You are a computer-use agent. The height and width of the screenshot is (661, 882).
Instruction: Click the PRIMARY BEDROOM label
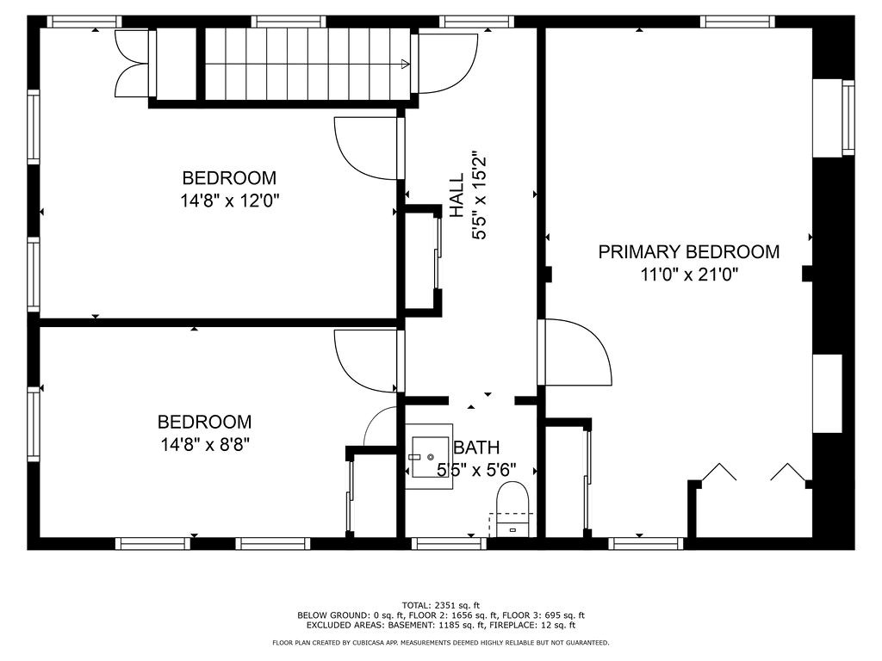click(x=688, y=252)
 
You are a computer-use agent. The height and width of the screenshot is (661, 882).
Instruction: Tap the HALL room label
click(x=456, y=196)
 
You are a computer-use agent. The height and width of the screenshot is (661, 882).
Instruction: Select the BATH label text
click(x=476, y=448)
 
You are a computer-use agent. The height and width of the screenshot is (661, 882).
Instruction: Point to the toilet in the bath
click(x=512, y=502)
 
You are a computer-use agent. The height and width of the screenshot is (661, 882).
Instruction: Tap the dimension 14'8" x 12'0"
click(x=229, y=201)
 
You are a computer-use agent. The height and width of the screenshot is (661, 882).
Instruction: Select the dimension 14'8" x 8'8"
click(x=204, y=444)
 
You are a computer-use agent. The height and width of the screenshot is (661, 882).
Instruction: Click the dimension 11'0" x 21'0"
click(x=688, y=275)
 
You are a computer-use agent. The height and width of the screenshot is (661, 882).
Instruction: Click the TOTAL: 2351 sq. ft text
click(x=441, y=604)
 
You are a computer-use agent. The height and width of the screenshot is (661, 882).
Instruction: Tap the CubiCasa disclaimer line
click(x=441, y=643)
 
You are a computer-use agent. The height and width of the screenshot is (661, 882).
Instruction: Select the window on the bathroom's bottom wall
click(x=449, y=543)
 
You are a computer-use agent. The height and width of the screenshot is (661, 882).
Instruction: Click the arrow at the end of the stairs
click(x=405, y=63)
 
